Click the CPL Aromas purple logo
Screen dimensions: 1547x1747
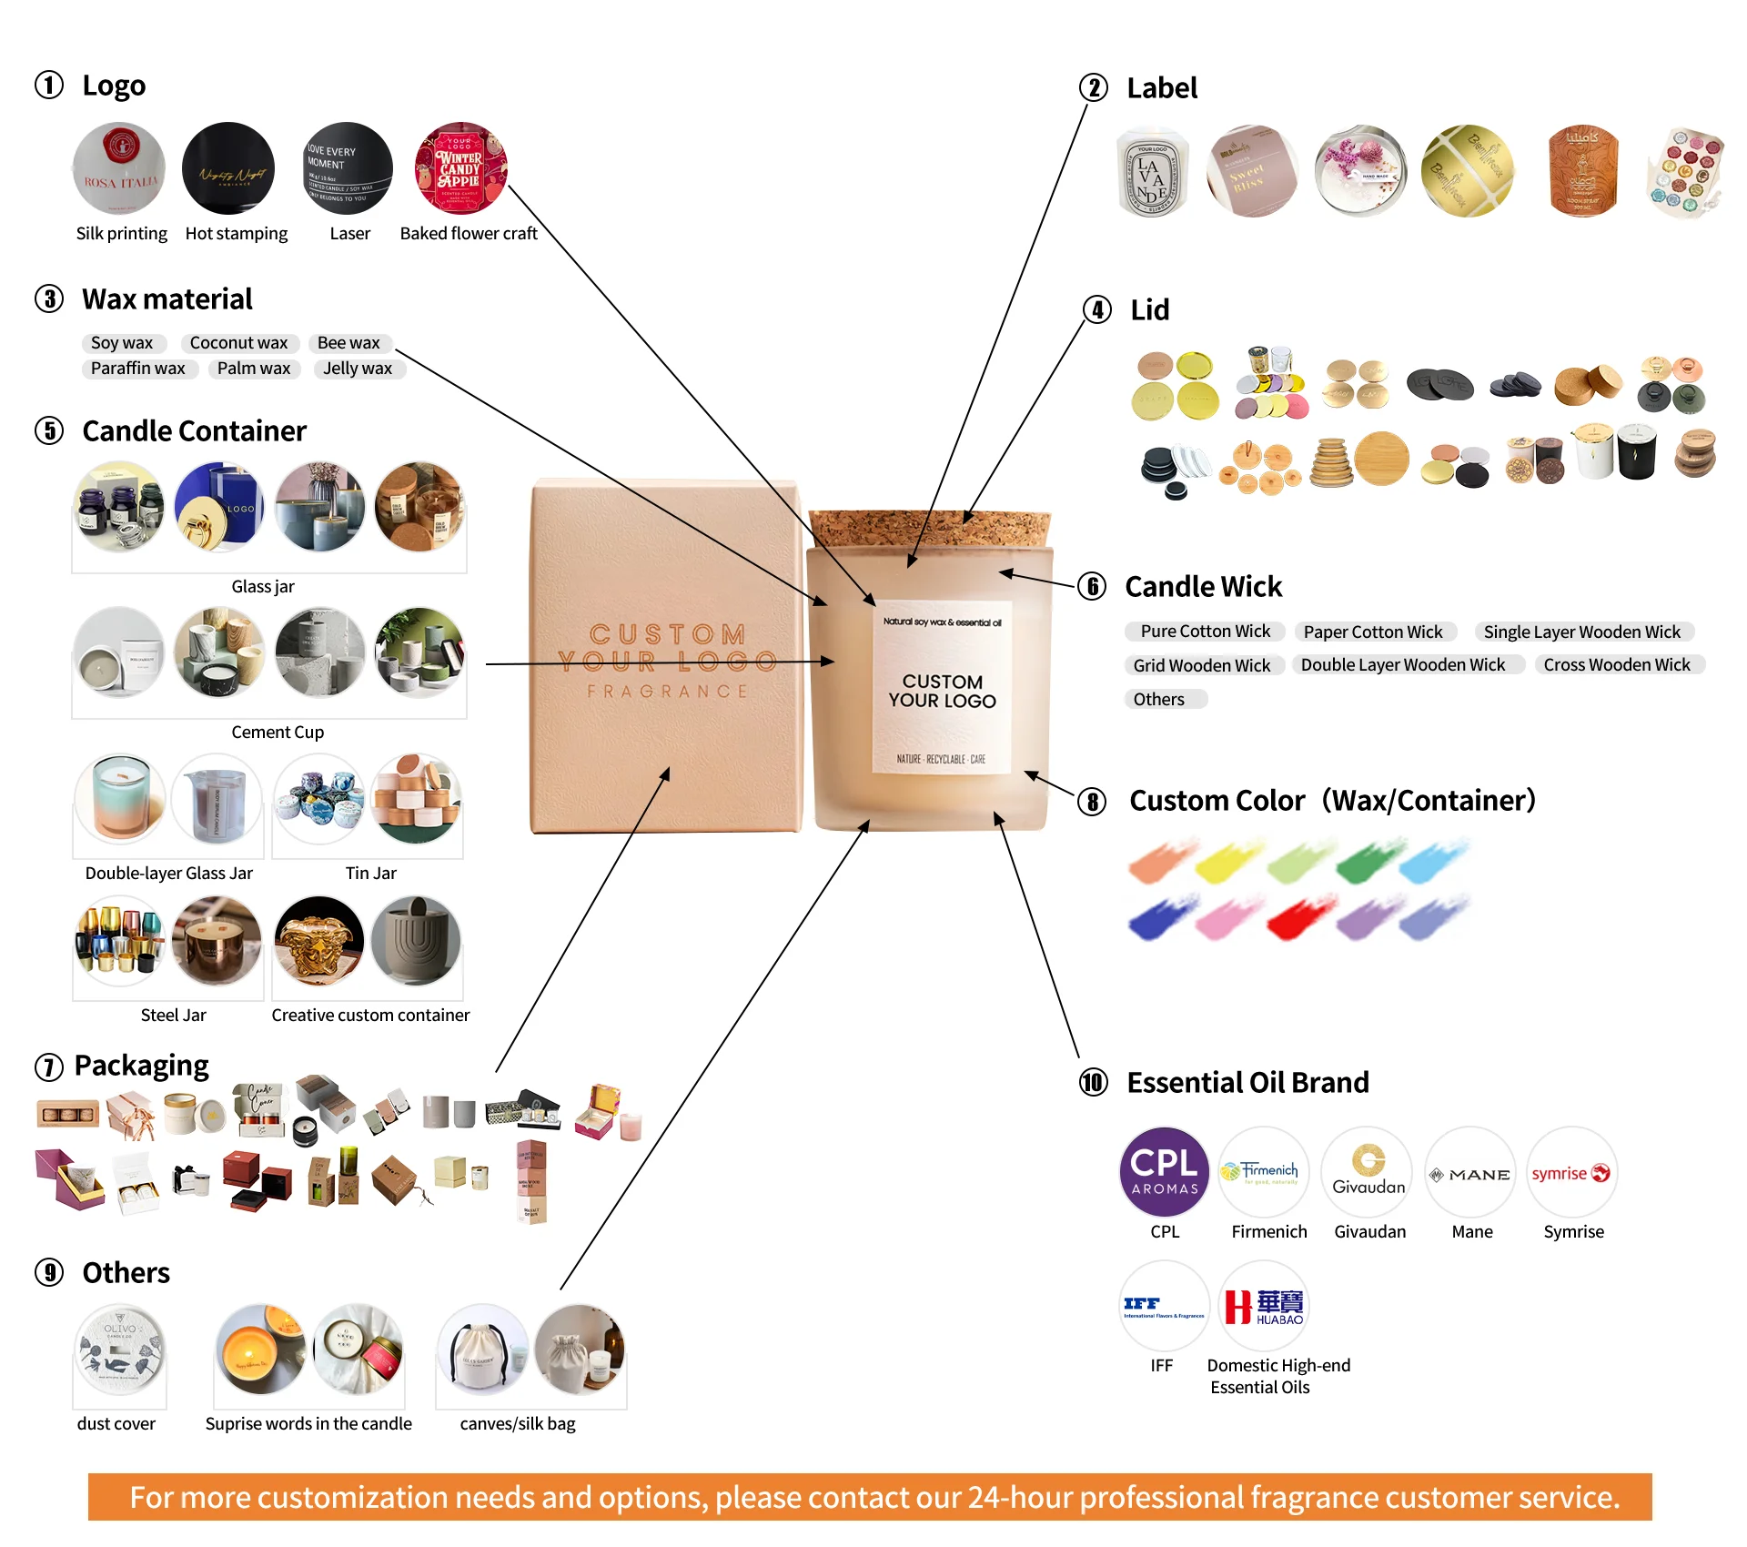click(x=1164, y=1172)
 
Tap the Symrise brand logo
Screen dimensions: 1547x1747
click(x=1571, y=1172)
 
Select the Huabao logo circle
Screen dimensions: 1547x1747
click(x=1264, y=1306)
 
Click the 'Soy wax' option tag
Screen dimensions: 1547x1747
click(x=122, y=343)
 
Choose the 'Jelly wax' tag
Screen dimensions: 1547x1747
click(x=358, y=369)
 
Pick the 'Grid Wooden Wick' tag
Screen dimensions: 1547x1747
click(x=1201, y=665)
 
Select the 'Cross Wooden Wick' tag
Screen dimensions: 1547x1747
click(x=1616, y=665)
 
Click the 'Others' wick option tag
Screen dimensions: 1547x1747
click(x=1159, y=699)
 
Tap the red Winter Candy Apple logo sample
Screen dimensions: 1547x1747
click(x=460, y=168)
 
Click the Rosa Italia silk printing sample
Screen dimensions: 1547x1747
click(x=119, y=168)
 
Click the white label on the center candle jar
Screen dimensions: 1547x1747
click(x=943, y=688)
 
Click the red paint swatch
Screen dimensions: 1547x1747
click(x=1300, y=917)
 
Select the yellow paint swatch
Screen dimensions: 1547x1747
click(x=1227, y=861)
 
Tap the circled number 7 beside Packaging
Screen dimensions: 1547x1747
click(x=49, y=1067)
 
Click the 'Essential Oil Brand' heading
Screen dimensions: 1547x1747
click(x=1247, y=1082)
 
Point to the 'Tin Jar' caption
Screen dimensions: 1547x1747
click(x=370, y=874)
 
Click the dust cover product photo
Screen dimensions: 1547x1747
click(x=120, y=1350)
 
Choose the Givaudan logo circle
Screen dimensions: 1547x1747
click(x=1367, y=1172)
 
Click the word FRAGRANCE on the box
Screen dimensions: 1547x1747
click(x=667, y=692)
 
